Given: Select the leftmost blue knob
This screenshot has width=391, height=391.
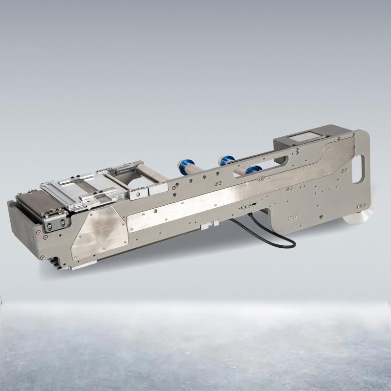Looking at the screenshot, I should point(187,165).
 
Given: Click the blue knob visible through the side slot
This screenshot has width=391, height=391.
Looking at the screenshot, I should point(253,170).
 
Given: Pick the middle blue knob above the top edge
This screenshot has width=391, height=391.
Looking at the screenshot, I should point(226,159).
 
